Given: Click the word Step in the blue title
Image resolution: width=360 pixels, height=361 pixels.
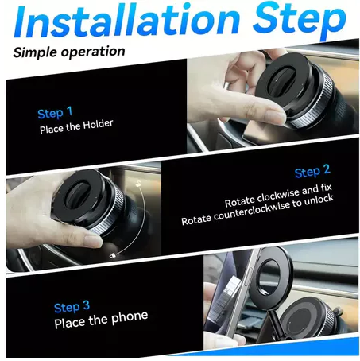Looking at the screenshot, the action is point(300,21).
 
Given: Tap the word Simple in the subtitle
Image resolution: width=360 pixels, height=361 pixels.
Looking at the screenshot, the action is point(36,52).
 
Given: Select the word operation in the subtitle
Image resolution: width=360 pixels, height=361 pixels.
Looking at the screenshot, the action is point(93,51).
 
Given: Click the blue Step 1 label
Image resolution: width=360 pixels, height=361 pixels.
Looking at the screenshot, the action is point(55,113).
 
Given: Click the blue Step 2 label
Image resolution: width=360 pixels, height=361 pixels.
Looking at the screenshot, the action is point(312,171).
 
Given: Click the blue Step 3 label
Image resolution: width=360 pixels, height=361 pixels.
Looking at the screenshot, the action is point(72,307).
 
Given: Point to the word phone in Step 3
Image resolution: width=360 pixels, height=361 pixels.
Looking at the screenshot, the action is point(130,317).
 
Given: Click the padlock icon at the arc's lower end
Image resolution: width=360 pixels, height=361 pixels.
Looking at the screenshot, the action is point(113,256).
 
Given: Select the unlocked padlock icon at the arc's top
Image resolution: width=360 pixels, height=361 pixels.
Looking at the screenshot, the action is point(138,184).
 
